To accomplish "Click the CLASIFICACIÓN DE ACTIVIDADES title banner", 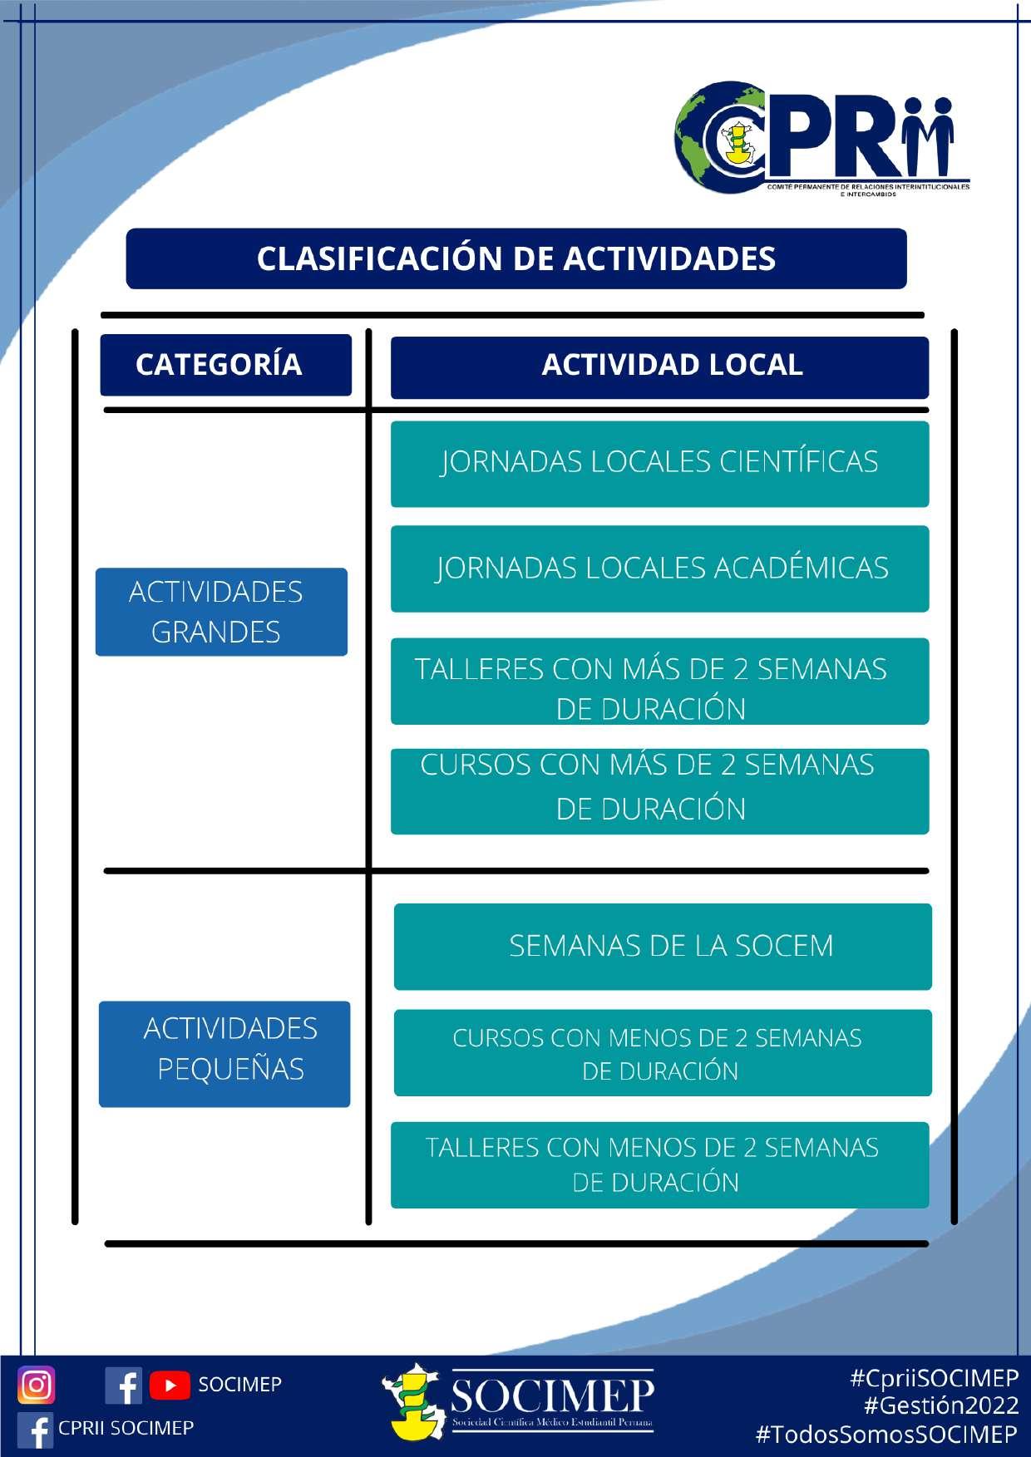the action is (515, 258).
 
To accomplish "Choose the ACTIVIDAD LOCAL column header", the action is (659, 367).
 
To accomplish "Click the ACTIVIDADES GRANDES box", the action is (221, 612).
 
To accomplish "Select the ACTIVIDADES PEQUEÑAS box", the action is (224, 1053).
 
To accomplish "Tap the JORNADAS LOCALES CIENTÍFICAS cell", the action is (659, 464).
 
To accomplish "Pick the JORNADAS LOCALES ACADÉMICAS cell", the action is (659, 569).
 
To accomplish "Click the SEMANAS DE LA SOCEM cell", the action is (663, 947).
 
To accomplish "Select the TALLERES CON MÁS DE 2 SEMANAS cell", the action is (659, 682).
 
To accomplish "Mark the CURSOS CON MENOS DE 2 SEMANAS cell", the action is (663, 1053).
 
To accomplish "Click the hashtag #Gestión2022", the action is (941, 1405).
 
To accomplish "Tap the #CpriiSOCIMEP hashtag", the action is (934, 1378).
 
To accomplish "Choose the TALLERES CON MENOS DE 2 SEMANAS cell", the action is (659, 1164).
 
